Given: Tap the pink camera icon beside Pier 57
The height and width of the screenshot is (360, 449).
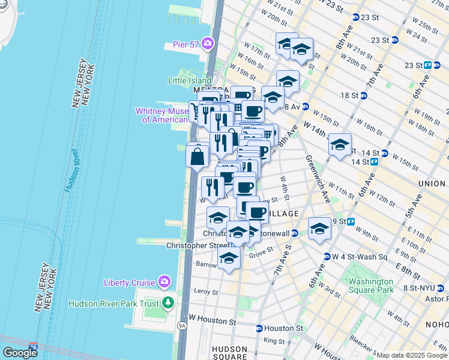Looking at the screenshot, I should pyautogui.click(x=208, y=43).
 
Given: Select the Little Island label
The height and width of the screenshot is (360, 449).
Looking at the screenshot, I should pyautogui.click(x=189, y=80).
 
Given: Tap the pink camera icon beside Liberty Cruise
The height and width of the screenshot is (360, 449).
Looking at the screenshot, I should pyautogui.click(x=163, y=282).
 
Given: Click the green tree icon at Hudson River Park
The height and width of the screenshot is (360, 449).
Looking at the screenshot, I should pyautogui.click(x=169, y=304).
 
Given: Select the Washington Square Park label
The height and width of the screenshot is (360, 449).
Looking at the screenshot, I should pyautogui.click(x=371, y=286).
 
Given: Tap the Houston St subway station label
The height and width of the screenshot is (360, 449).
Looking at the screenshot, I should pyautogui.click(x=283, y=328).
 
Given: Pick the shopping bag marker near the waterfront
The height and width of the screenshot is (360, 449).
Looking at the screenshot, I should pyautogui.click(x=197, y=158).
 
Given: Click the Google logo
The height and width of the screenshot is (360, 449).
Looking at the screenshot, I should pyautogui.click(x=20, y=353).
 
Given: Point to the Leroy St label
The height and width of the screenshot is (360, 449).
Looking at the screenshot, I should pyautogui.click(x=206, y=292).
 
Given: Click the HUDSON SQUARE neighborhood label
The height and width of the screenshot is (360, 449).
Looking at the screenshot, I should pyautogui.click(x=229, y=353).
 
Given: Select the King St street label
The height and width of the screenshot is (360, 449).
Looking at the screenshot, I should pyautogui.click(x=274, y=341).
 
